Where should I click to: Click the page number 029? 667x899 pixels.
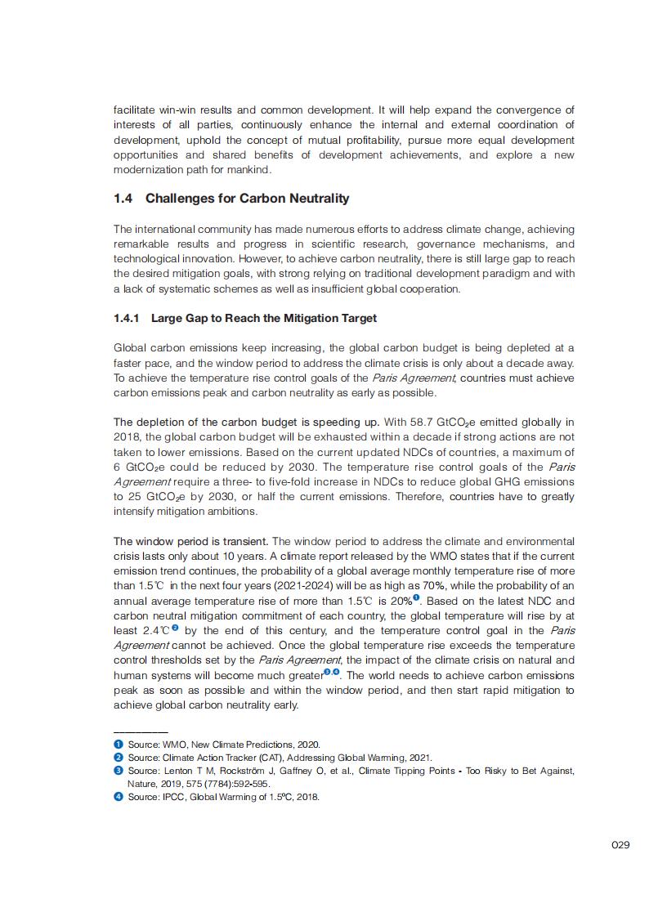pos(620,845)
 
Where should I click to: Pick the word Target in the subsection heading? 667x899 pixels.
pos(356,318)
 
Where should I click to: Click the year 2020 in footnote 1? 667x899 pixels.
pos(309,744)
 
